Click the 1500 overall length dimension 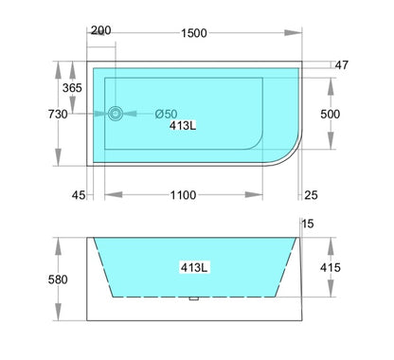coord(195,33)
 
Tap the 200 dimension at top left coord(100,31)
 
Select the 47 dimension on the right coord(341,65)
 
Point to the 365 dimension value coord(70,87)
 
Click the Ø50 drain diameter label coord(167,114)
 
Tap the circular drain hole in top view coord(116,114)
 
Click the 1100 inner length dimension coord(183,195)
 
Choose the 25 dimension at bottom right coord(312,195)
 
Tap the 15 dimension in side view coord(306,225)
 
